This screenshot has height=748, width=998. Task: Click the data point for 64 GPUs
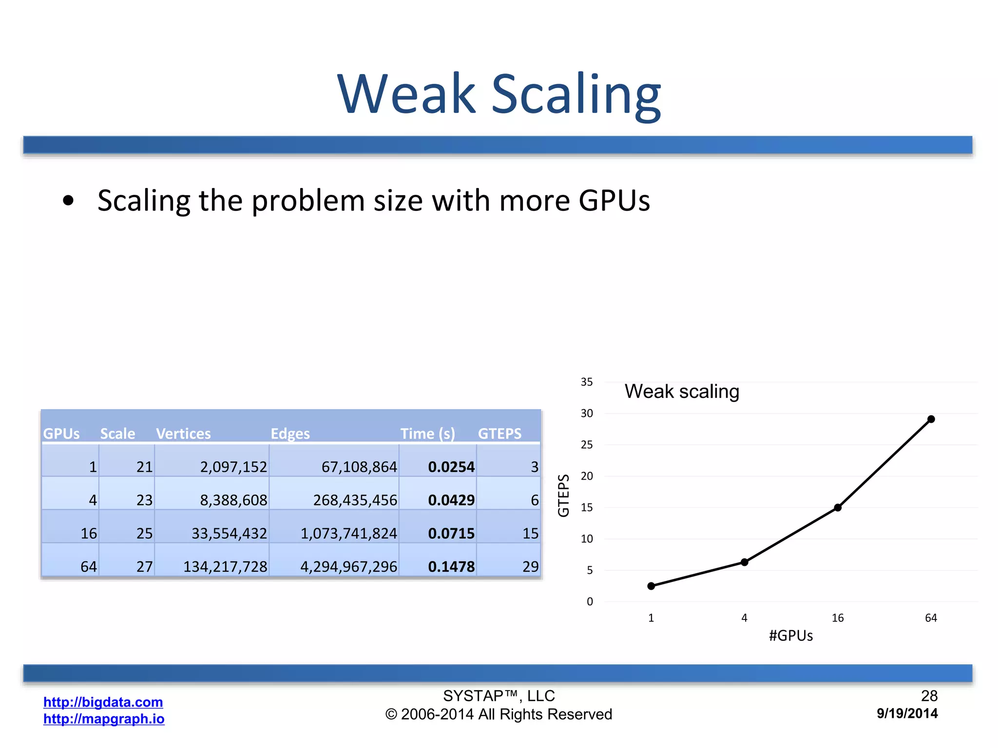[x=931, y=419]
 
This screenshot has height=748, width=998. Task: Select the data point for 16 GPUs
[x=838, y=507]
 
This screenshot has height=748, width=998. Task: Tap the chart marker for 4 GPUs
[x=745, y=562]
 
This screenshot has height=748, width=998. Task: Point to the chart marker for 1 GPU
[x=652, y=586]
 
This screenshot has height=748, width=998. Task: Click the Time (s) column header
[x=427, y=433]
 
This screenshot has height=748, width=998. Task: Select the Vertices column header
[x=183, y=433]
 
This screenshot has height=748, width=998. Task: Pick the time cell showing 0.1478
[x=451, y=566]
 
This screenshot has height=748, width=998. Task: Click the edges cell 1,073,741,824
[x=349, y=533]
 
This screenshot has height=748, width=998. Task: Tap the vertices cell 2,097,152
[x=233, y=467]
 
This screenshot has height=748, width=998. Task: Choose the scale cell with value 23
[x=144, y=500]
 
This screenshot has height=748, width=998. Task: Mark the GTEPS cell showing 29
[x=530, y=566]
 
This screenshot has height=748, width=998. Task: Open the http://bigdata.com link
[x=103, y=702]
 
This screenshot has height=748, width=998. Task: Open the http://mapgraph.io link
[x=104, y=719]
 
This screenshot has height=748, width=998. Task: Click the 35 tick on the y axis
[x=587, y=382]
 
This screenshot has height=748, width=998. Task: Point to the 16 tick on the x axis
[x=838, y=618]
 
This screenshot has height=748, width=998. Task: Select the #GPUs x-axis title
[x=791, y=636]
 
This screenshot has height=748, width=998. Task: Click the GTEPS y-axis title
[x=564, y=495]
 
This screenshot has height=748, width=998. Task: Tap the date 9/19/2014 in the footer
[x=907, y=713]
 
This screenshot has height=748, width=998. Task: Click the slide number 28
[x=929, y=696]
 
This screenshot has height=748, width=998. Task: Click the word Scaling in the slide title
[x=576, y=93]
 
